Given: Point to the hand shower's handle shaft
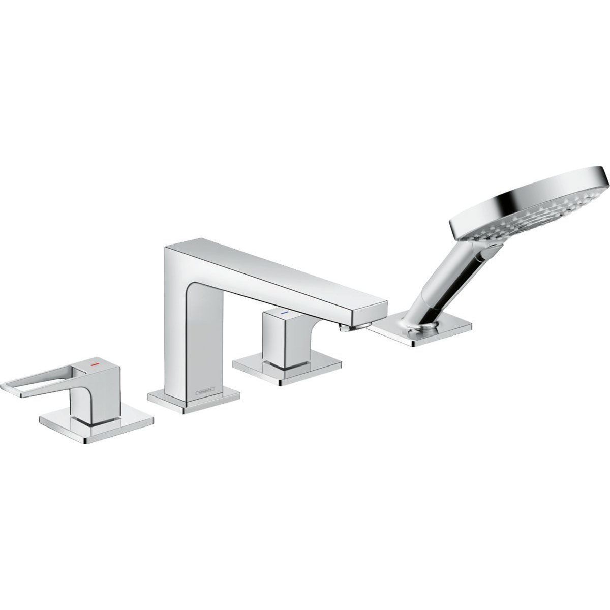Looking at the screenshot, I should point(447,285).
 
